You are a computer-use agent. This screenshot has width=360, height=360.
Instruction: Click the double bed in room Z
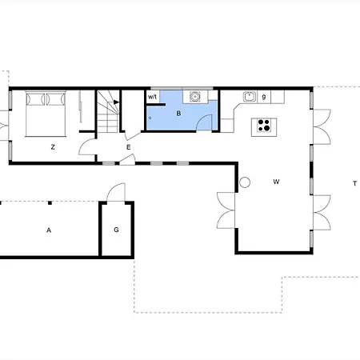pyautogui.click(x=45, y=114)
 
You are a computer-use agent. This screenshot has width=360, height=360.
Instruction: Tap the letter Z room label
pyautogui.click(x=52, y=146)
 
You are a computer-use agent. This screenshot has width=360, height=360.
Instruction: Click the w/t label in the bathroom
pyautogui.click(x=153, y=97)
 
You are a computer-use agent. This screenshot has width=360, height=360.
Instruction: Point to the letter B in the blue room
pyautogui.click(x=178, y=114)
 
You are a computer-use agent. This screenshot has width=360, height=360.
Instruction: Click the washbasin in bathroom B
pyautogui.click(x=194, y=96)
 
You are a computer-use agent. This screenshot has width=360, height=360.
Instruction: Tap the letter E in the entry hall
pyautogui.click(x=128, y=146)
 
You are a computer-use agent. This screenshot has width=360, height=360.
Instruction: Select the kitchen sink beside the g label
pyautogui.click(x=249, y=97)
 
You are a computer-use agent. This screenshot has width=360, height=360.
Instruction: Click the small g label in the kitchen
pyautogui.click(x=263, y=97)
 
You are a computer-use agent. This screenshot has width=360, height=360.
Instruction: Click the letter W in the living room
pyautogui.click(x=275, y=182)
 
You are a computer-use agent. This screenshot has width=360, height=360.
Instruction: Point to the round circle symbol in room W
pyautogui.click(x=245, y=182)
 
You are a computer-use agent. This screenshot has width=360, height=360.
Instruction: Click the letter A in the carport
pyautogui.click(x=48, y=230)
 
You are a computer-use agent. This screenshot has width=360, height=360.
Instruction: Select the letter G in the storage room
pyautogui.click(x=116, y=230)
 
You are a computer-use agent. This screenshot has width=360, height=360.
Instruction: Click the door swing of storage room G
pyautogui.click(x=118, y=192)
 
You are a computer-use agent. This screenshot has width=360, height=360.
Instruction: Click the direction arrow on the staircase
pyautogui.click(x=117, y=102)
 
